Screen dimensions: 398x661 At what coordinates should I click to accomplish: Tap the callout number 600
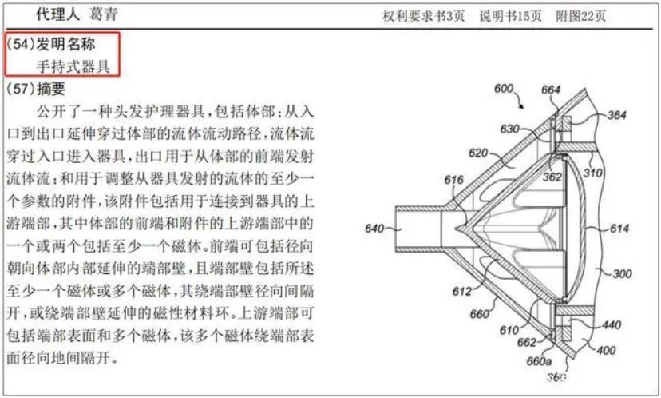504,89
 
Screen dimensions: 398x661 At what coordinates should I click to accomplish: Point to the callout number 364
616,115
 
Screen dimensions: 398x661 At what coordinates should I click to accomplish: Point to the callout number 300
621,273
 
